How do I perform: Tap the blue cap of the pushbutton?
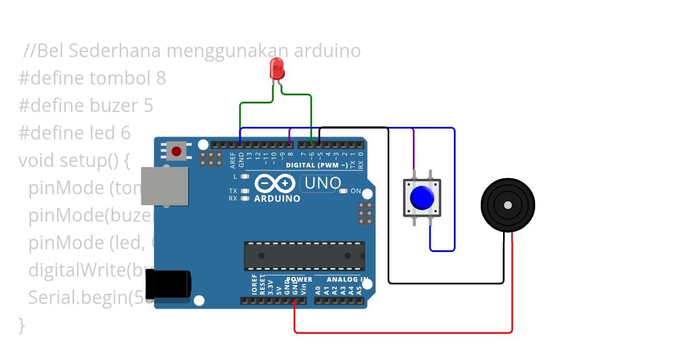pyautogui.click(x=422, y=198)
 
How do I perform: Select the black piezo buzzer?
pyautogui.click(x=507, y=205)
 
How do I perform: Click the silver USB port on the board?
pyautogui.click(x=164, y=186)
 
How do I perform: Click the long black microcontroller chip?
pyautogui.click(x=304, y=255)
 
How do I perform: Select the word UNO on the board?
pyautogui.click(x=323, y=183)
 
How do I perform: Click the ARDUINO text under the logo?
pyautogui.click(x=277, y=199)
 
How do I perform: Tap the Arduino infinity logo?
pyautogui.click(x=275, y=183)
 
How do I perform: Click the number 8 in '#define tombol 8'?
pyautogui.click(x=161, y=78)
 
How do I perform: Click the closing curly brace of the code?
pyautogui.click(x=22, y=325)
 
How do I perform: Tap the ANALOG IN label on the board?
pyautogui.click(x=347, y=279)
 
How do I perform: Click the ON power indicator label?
pyautogui.click(x=356, y=191)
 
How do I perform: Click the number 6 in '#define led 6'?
pyautogui.click(x=125, y=133)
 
